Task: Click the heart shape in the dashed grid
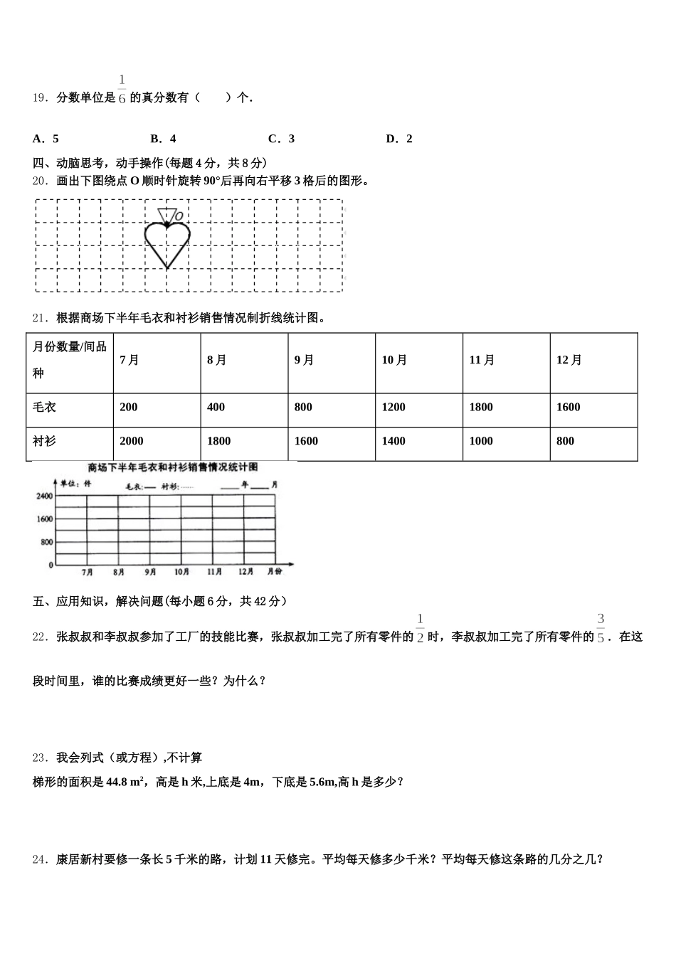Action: point(167,242)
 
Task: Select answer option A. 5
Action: point(46,139)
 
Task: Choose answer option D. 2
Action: point(399,139)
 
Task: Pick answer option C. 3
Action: point(281,139)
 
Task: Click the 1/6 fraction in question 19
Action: point(122,89)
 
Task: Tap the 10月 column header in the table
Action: point(394,360)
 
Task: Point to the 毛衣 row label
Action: point(44,407)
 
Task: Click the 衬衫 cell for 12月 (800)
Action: point(565,441)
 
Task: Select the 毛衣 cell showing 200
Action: point(129,407)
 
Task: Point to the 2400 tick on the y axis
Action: point(45,496)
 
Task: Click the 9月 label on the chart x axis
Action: point(150,572)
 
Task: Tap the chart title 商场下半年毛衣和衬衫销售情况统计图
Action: point(172,467)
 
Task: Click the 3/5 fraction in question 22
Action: point(601,628)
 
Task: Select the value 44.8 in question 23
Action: point(116,782)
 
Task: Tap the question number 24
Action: point(40,859)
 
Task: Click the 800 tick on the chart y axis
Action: point(47,542)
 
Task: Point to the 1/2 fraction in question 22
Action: point(420,628)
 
